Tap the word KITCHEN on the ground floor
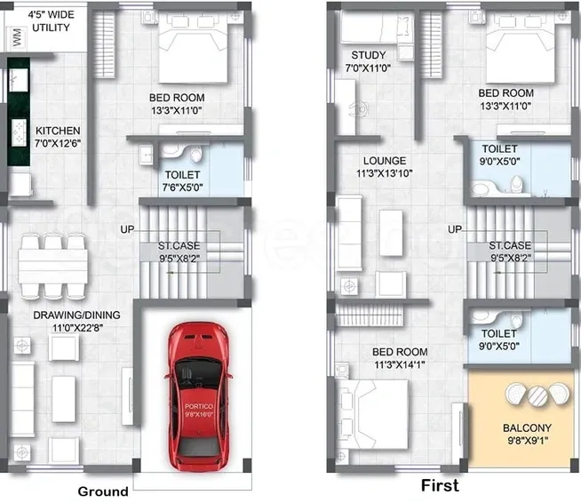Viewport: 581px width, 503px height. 57,132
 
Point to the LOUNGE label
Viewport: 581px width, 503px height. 378,162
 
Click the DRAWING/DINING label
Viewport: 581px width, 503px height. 65,315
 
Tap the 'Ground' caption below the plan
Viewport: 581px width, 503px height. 103,491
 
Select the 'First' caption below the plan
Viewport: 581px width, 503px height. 440,486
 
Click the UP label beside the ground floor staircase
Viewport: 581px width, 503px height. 128,229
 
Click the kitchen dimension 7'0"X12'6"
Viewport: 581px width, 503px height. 57,143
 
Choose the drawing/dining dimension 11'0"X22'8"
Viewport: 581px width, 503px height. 65,327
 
